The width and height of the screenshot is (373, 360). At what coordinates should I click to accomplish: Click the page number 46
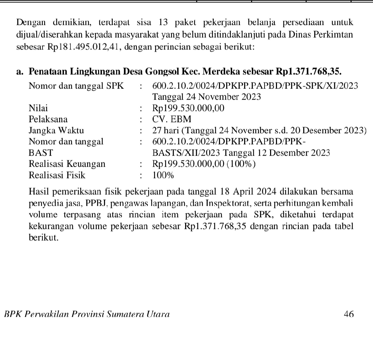click(349, 314)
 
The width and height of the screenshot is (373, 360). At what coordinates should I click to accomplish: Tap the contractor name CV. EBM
click(172, 119)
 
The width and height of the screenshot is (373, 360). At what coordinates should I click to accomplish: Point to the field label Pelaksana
click(48, 119)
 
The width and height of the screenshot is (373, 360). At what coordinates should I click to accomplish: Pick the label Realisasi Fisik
click(57, 175)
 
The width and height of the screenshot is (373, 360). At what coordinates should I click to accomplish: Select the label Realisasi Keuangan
click(67, 164)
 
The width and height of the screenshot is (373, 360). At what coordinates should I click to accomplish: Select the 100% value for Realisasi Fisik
click(163, 175)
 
